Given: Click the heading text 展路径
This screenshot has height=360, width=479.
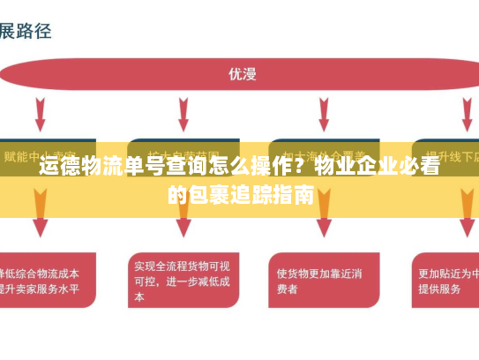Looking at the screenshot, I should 26,31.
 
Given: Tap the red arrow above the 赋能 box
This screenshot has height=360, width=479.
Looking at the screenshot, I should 41,114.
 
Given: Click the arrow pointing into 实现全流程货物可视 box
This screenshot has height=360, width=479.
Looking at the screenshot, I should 183,225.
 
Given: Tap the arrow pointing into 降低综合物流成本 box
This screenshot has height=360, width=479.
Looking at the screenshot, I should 41,225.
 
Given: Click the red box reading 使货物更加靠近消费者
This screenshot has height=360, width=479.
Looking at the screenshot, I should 318,280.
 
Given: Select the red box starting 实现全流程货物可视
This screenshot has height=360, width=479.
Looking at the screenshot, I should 182,280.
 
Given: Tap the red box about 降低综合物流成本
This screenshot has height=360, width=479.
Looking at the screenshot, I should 44,280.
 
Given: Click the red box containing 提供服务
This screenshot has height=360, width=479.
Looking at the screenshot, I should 446,280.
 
